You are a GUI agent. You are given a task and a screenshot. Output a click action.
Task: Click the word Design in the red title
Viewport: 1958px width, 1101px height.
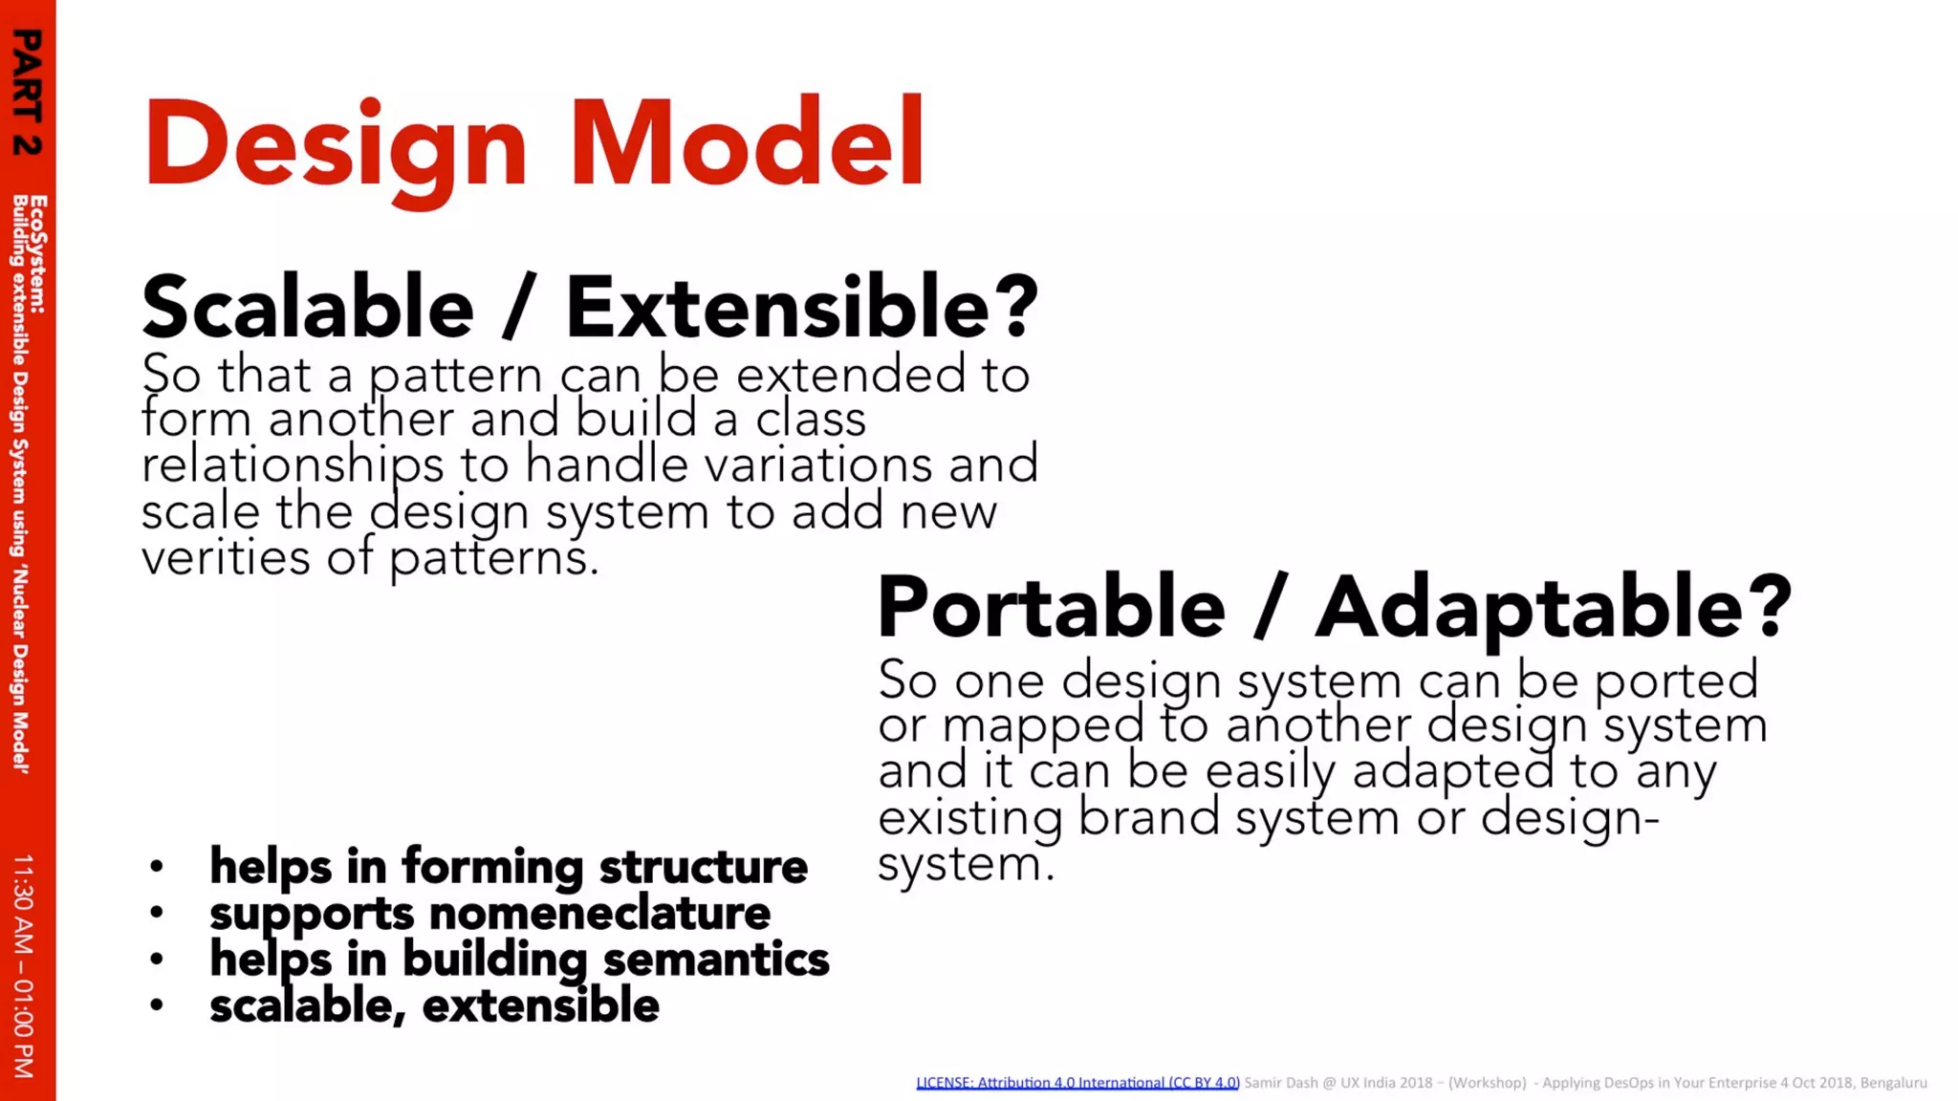coord(335,143)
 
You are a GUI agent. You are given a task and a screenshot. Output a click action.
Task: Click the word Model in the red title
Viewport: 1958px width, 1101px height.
coord(747,143)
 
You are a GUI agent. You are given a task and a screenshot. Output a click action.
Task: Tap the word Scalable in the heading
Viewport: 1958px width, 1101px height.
coord(308,308)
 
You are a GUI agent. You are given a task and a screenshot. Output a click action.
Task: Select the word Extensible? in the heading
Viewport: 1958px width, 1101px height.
coord(801,308)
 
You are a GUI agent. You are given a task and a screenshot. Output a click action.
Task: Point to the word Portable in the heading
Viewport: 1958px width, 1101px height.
coord(1051,608)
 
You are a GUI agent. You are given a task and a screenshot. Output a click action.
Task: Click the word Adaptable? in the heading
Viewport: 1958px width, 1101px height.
coord(1553,608)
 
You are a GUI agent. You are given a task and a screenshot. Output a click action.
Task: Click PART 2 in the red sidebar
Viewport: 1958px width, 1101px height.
coord(28,92)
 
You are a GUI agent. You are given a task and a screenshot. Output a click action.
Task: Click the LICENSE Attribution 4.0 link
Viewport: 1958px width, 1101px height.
coord(1077,1083)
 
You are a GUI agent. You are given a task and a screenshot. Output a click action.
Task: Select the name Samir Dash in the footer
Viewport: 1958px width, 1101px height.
coord(1280,1083)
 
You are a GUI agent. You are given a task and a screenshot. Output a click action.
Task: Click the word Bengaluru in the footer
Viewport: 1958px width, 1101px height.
coord(1893,1083)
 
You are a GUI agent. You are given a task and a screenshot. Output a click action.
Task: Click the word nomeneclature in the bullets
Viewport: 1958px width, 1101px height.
coord(599,914)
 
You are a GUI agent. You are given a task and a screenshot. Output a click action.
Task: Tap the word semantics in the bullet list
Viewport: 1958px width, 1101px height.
coord(716,960)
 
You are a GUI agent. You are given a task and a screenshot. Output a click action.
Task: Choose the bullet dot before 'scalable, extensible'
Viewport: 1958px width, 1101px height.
coord(157,1005)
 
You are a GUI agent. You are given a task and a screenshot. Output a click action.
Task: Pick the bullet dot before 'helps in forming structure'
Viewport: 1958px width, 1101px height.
coord(157,868)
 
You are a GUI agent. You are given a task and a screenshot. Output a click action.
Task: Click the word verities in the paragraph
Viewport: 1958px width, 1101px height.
coord(226,557)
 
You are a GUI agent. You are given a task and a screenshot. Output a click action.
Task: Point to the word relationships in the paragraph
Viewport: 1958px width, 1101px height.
coord(293,465)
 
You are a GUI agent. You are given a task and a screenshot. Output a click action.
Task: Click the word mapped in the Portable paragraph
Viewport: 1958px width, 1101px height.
coord(1042,725)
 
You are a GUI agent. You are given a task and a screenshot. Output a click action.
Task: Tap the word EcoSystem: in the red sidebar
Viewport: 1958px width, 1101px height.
coord(37,254)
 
